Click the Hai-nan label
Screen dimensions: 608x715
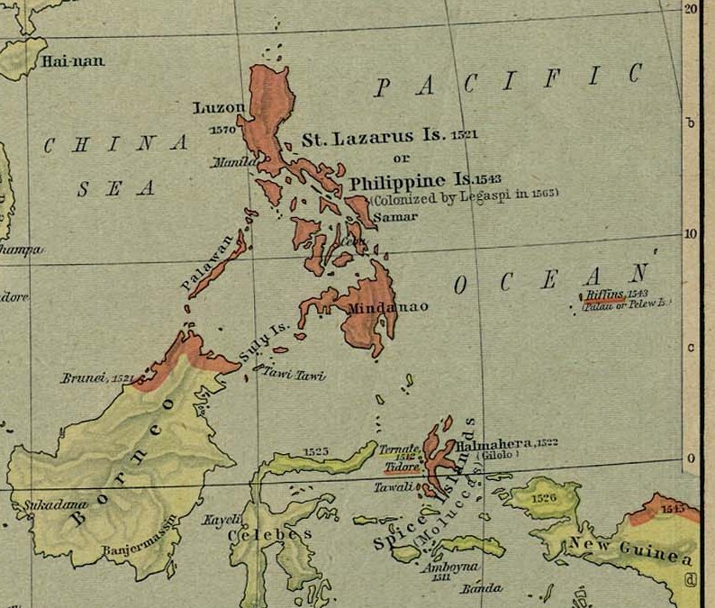tap(72, 61)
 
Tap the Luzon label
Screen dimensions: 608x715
tap(219, 108)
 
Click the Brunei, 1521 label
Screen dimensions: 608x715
tap(97, 378)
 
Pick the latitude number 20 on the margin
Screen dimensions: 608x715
tap(692, 8)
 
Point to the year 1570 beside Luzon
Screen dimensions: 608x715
tap(222, 131)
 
